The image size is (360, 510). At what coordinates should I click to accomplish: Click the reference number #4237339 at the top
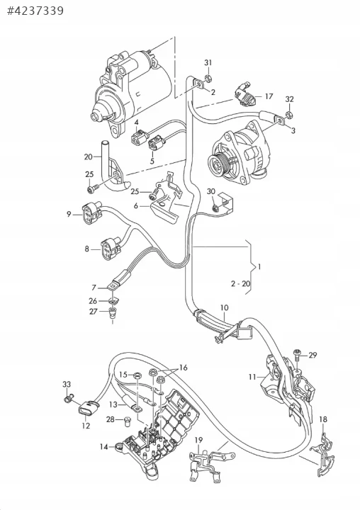coord(35,11)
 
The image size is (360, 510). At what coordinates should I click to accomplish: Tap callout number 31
coord(208,63)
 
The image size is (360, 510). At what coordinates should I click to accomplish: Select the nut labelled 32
coord(288,114)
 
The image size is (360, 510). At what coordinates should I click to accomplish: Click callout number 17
coord(269,96)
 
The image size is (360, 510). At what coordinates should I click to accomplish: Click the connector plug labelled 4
coord(137,137)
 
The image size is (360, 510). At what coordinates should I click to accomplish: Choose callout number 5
coord(152,161)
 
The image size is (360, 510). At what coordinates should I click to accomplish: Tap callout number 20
coord(88,157)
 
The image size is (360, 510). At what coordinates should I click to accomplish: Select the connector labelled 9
coord(92,214)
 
